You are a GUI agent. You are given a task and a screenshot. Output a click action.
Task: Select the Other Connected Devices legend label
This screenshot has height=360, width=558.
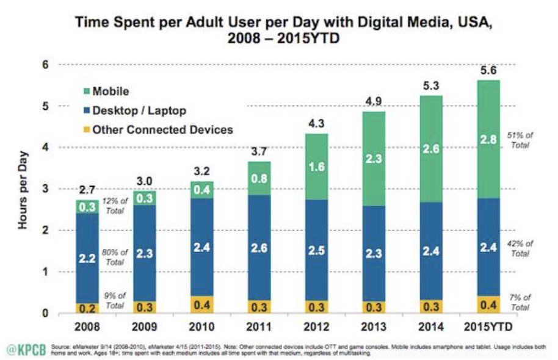coord(164,129)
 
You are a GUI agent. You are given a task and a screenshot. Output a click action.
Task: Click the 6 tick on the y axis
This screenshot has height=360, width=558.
coord(45,65)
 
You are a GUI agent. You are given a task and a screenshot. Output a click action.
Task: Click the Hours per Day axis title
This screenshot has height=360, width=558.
coord(23,189)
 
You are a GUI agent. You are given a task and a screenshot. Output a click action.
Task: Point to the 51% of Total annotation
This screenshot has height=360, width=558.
coord(521,140)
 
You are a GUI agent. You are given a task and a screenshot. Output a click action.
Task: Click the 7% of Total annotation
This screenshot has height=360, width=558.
coord(521,303)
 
